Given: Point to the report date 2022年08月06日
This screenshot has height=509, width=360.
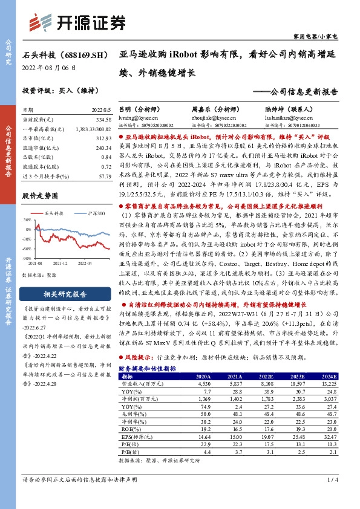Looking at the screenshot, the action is (49, 68).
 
